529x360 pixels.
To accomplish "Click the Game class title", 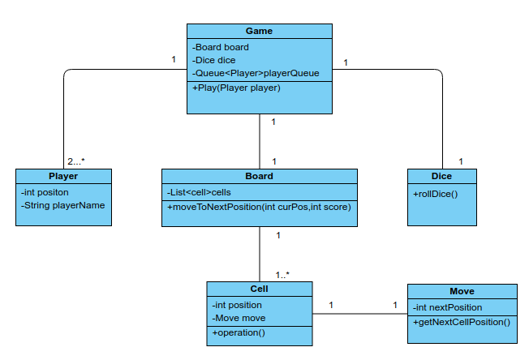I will pyautogui.click(x=259, y=31).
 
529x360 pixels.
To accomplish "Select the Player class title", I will pyautogui.click(x=63, y=176).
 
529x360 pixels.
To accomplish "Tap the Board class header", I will pyautogui.click(x=259, y=176).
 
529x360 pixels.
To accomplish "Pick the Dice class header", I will pyautogui.click(x=441, y=176).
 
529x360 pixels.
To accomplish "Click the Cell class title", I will pyautogui.click(x=259, y=289).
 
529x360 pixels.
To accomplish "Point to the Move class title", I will pyautogui.click(x=462, y=291).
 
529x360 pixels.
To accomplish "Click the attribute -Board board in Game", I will pyautogui.click(x=221, y=47).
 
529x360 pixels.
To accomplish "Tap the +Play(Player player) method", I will pyautogui.click(x=236, y=88).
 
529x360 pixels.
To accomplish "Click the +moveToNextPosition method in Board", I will pyautogui.click(x=258, y=207).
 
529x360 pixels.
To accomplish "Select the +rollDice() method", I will pyautogui.click(x=436, y=193).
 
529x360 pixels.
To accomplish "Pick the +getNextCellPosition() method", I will pyautogui.click(x=462, y=322).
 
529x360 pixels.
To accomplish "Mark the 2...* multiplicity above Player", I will pyautogui.click(x=76, y=161).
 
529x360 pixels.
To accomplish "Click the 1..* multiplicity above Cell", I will pyautogui.click(x=282, y=274).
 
